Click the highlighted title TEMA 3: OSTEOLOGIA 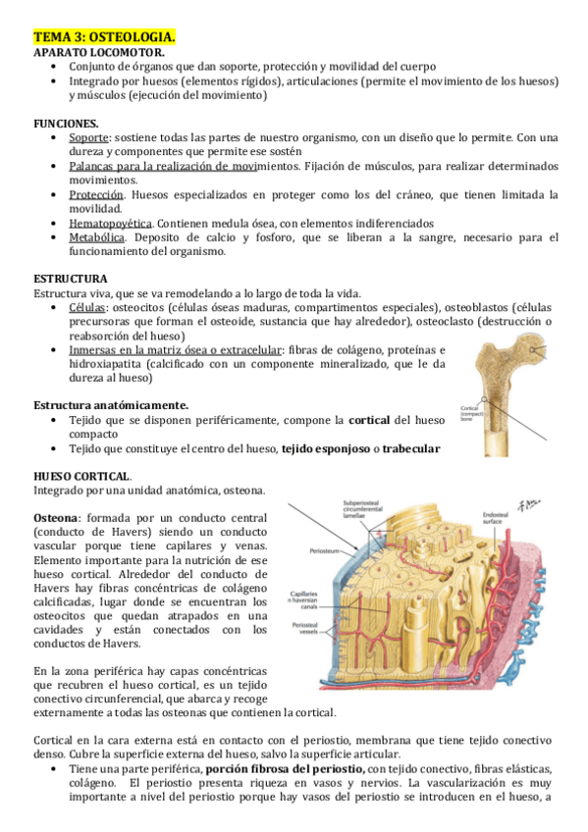coord(105,37)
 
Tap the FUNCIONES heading coord(66,124)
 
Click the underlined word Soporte coord(88,138)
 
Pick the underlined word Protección coord(96,195)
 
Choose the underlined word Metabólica coord(97,237)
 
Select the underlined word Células coord(87,308)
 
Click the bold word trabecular coord(411,449)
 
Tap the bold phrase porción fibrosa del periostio coord(286,768)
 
